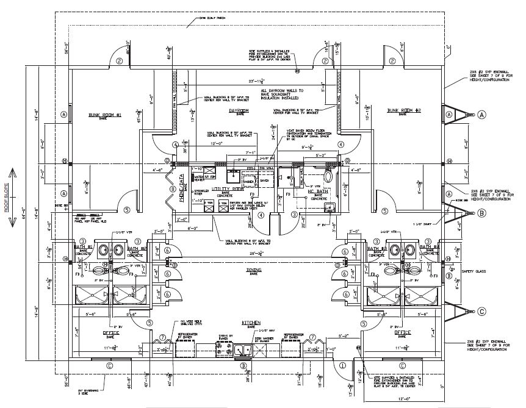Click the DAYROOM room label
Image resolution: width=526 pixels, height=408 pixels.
coord(237,110)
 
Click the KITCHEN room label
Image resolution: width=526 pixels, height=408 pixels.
coord(251,322)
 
